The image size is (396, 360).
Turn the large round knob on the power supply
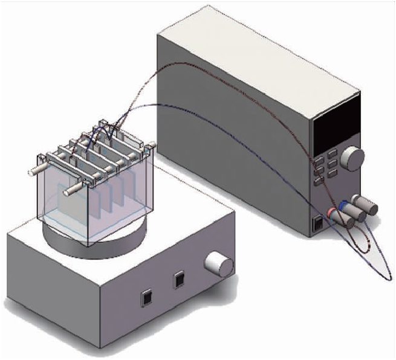click(x=353, y=159)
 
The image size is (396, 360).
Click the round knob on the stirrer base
click(x=219, y=263)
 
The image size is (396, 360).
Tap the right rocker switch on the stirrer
click(x=179, y=280)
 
